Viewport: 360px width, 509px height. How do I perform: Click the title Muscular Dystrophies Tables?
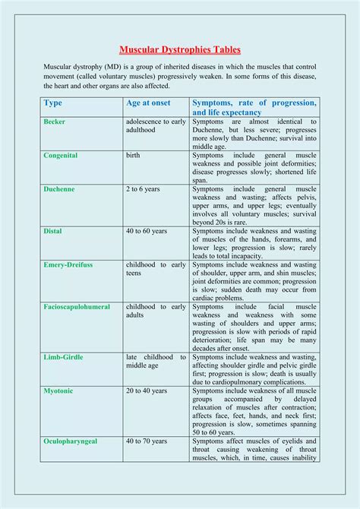[180, 50]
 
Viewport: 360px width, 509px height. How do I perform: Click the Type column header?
[53, 103]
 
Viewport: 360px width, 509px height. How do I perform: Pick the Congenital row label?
[61, 156]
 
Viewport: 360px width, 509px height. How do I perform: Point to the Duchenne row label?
[59, 189]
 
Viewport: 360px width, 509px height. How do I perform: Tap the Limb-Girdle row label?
[65, 357]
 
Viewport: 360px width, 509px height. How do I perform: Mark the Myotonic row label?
[60, 390]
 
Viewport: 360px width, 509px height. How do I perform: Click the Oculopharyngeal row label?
[73, 441]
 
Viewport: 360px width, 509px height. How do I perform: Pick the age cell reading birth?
[133, 156]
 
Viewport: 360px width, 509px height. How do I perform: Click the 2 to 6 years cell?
[145, 189]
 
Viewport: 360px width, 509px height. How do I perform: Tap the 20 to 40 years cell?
[148, 390]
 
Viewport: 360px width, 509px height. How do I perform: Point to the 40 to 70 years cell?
[148, 441]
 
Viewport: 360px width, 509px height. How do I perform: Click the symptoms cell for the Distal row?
[254, 243]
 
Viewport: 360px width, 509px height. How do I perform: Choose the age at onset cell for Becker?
[156, 125]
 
